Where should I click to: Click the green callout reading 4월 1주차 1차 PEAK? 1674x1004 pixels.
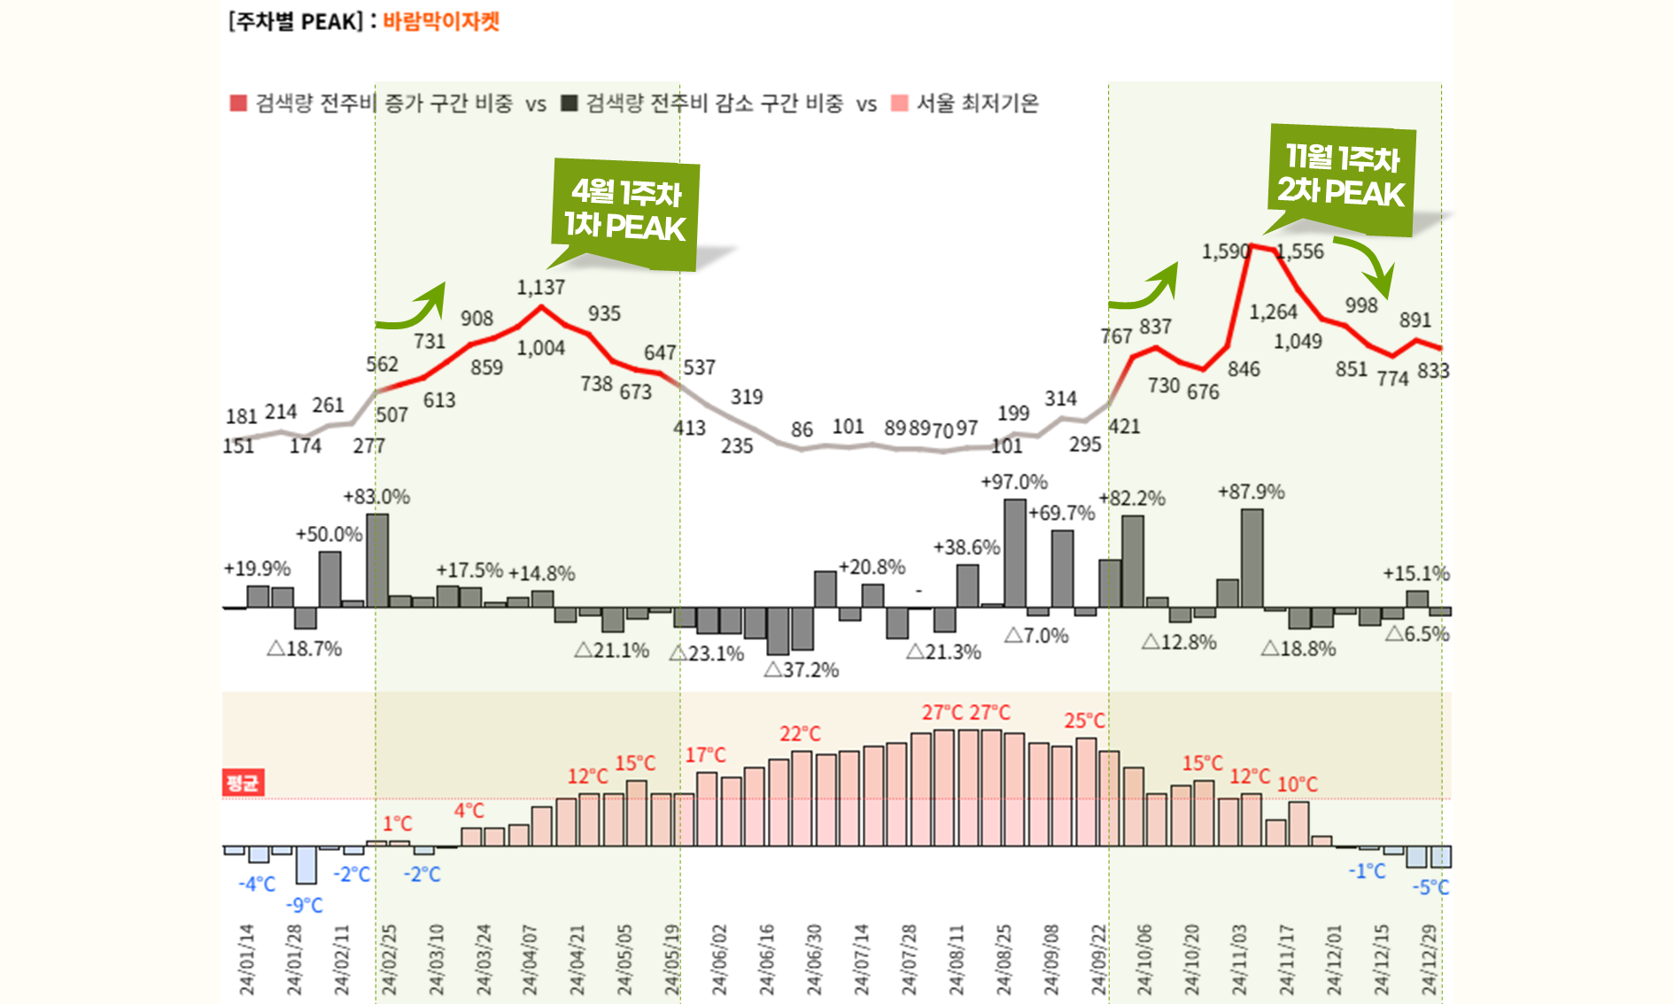click(x=625, y=212)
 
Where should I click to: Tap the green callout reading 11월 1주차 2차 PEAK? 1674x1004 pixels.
click(x=1341, y=176)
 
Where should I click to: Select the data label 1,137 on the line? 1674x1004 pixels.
click(x=540, y=288)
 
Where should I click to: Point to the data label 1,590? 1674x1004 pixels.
click(x=1225, y=251)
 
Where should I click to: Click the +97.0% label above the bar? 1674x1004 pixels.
click(x=1013, y=483)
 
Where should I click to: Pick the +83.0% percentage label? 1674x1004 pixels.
click(x=376, y=497)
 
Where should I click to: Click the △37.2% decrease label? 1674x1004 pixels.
click(x=801, y=670)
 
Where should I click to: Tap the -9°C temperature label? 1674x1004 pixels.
click(x=304, y=905)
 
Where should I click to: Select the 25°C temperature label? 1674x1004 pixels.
click(x=1084, y=721)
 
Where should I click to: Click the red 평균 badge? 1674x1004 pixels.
click(x=243, y=783)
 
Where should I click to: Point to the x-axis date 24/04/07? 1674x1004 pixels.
click(x=530, y=960)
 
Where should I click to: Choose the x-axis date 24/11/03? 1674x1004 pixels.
click(x=1238, y=960)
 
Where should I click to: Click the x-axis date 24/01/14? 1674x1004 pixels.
click(x=246, y=960)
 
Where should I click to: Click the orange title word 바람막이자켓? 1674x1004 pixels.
click(x=441, y=21)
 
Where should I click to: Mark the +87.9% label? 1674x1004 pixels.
click(x=1251, y=492)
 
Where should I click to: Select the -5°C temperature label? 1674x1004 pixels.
click(x=1430, y=887)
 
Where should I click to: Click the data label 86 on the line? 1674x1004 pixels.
click(x=802, y=429)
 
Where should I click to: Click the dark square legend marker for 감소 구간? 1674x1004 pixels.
click(x=570, y=104)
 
